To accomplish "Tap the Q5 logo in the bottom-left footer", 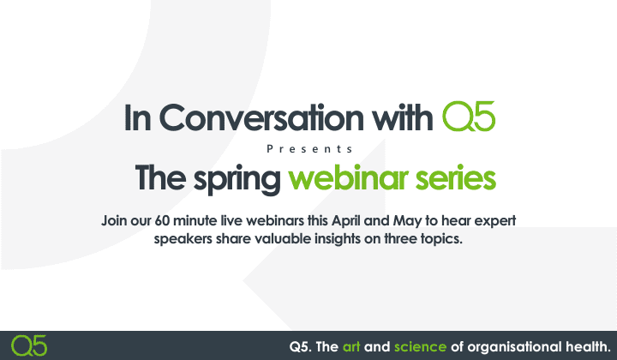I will pos(30,345).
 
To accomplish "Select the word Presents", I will pos(308,148).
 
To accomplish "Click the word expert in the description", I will pos(494,221).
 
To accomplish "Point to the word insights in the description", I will pos(324,238).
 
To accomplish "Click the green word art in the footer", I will pos(351,346).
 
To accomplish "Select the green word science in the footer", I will pos(420,346).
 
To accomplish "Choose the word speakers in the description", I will pos(183,238).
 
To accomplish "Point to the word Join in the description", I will pos(116,221).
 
